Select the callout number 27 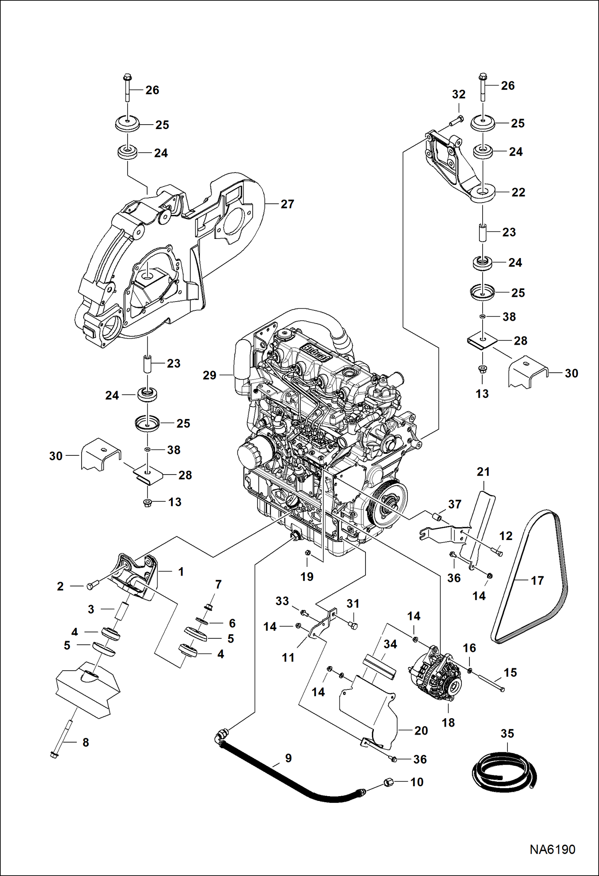click(x=287, y=204)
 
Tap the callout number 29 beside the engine click(x=210, y=375)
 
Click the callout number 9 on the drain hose click(x=288, y=758)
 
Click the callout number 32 click(x=459, y=94)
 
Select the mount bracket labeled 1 click(x=136, y=575)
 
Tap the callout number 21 click(x=483, y=472)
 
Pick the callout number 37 click(x=455, y=504)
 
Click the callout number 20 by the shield click(x=421, y=730)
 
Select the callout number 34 click(x=390, y=644)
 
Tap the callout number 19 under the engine click(x=307, y=576)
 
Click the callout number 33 click(x=282, y=601)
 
